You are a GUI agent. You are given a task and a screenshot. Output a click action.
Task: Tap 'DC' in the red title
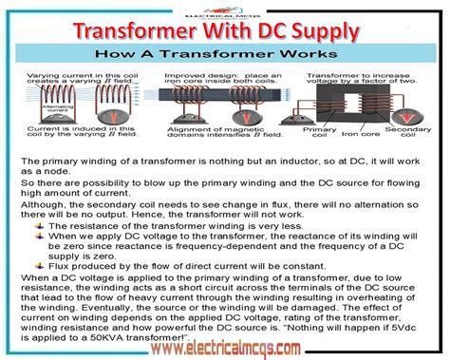coord(275,32)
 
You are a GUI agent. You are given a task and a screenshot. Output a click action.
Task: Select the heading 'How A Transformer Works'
coord(224,55)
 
